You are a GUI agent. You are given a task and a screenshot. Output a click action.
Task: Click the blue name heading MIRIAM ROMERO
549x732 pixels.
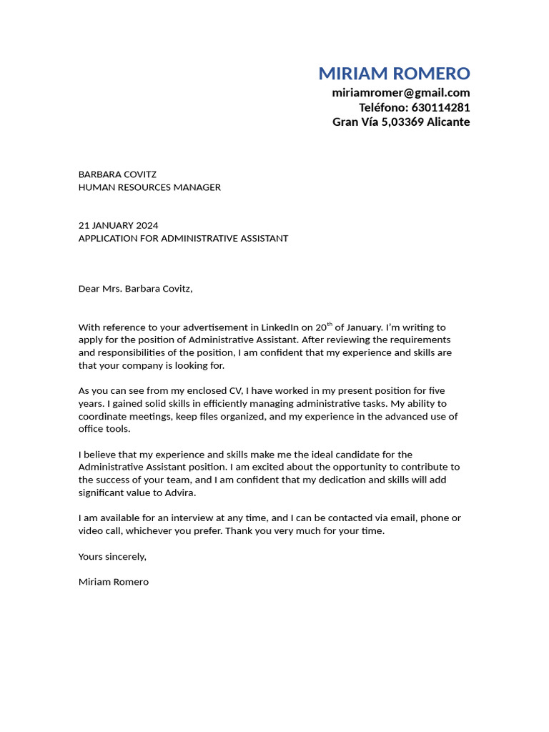tap(394, 74)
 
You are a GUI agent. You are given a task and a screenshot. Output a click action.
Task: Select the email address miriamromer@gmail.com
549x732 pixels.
tap(401, 93)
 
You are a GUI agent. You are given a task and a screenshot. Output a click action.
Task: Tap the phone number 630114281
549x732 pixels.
tap(440, 107)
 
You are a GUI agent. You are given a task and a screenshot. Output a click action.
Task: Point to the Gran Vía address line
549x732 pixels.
tap(401, 122)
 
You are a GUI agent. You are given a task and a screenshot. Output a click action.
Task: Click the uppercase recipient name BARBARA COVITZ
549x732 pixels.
tap(117, 174)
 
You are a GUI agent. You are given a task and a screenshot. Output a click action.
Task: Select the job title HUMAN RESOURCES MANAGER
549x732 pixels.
tap(149, 187)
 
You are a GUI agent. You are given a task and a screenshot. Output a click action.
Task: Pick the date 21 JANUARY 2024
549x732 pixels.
tap(118, 225)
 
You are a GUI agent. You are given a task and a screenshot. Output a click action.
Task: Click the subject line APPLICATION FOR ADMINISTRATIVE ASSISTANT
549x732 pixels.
tap(183, 238)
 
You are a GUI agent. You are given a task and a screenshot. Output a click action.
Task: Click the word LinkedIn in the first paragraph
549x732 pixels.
tap(280, 327)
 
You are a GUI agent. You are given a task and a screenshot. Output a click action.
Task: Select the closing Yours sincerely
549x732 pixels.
tap(112, 556)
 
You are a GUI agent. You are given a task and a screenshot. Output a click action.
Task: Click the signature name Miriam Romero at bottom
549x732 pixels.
tap(114, 582)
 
